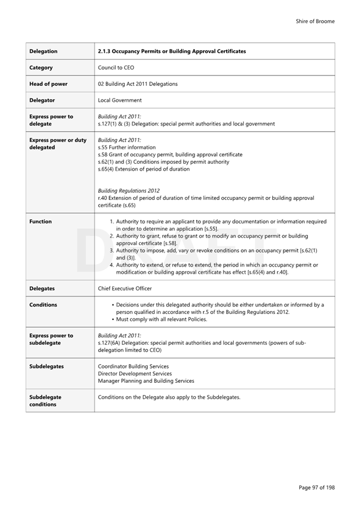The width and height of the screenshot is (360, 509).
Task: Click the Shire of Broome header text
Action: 315,21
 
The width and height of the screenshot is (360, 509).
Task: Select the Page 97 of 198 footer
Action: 316,488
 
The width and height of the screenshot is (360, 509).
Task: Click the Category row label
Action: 41,68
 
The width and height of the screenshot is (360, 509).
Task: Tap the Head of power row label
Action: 49,84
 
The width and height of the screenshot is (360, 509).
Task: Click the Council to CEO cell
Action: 116,68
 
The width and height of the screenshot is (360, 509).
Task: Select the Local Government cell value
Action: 120,100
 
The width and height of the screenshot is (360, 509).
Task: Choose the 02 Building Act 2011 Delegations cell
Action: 138,84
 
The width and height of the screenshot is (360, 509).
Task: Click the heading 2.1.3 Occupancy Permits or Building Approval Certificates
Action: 172,51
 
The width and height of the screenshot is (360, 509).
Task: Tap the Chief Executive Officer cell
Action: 125,289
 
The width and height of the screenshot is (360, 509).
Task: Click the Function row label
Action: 41,221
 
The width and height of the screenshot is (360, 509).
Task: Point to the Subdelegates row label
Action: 47,366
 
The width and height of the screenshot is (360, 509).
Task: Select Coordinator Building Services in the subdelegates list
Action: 133,366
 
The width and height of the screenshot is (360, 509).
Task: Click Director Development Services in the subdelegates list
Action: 135,373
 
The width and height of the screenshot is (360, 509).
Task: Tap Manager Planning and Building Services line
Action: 146,381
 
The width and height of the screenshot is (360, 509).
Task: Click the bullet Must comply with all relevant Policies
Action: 162,320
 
